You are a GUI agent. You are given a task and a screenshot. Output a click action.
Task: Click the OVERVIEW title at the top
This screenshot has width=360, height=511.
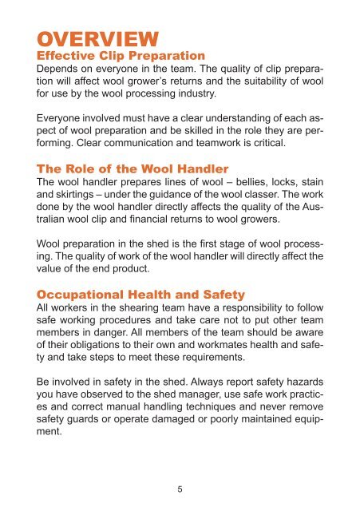tap(93, 38)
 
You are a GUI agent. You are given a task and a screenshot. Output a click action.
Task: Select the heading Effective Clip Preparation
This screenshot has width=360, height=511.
tap(117, 56)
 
